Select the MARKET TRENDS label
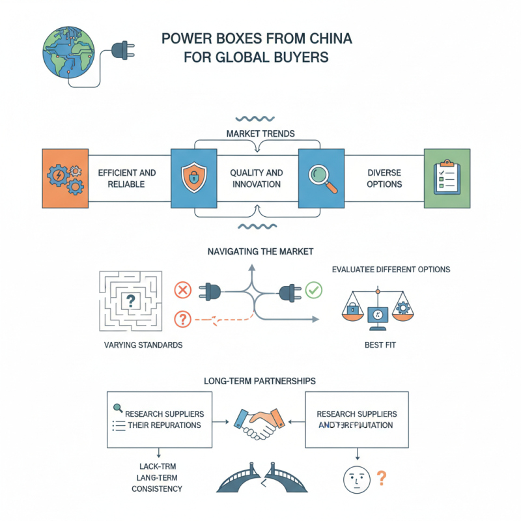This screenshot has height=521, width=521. coord(260,134)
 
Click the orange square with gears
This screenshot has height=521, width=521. coord(64,178)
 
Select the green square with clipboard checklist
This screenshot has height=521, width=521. coord(447,178)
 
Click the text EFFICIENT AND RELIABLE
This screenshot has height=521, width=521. coord(127,178)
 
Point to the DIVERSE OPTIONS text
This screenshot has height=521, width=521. coord(384,178)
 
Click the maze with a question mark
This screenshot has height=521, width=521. coord(131,300)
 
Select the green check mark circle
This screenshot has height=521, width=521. coord(314,289)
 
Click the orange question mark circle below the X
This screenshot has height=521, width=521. coord(184,319)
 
